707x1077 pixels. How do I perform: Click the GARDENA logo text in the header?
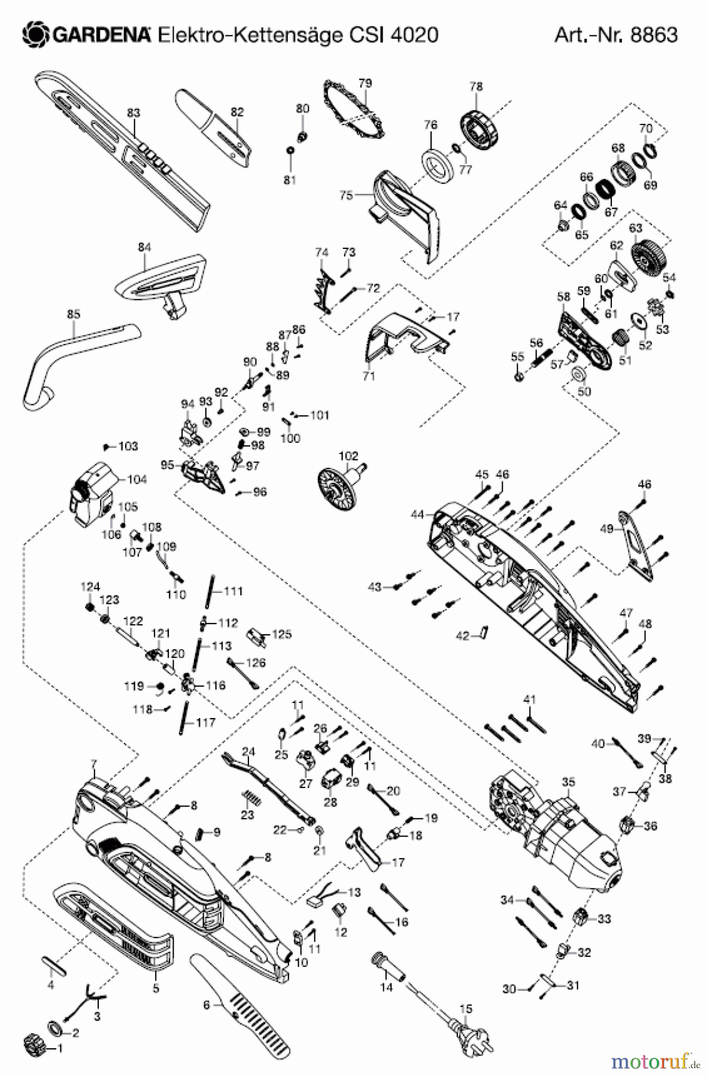(x=102, y=35)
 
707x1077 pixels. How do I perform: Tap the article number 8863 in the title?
(x=654, y=35)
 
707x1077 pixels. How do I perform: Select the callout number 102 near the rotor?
(x=348, y=455)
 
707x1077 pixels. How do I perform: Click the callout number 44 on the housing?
(x=417, y=514)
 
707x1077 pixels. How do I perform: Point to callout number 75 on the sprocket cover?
(x=346, y=195)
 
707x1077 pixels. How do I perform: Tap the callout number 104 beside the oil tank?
(x=136, y=479)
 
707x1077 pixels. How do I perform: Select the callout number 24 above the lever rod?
(x=248, y=752)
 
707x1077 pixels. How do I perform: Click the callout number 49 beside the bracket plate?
(x=606, y=528)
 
